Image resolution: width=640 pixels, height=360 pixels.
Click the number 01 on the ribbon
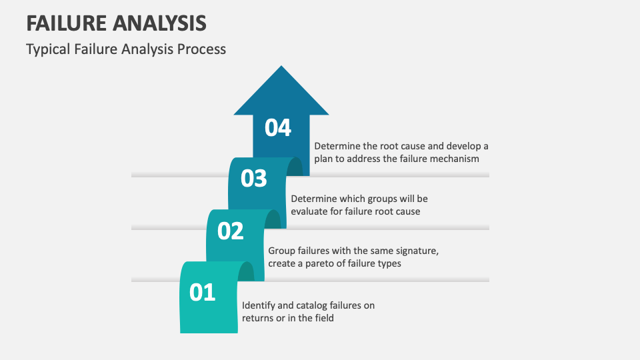pos(203,292)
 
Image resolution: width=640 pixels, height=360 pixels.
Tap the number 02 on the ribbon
pos(231,231)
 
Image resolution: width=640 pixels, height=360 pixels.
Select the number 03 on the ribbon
pos(253,179)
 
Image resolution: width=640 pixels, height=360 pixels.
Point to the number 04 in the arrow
pos(278,127)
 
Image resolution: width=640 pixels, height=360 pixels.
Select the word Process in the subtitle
pos(201,49)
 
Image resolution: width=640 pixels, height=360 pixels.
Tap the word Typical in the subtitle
pos(47,49)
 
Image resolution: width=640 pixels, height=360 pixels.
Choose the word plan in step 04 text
pos(325,159)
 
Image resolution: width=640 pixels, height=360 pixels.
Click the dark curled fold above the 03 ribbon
pos(294,167)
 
